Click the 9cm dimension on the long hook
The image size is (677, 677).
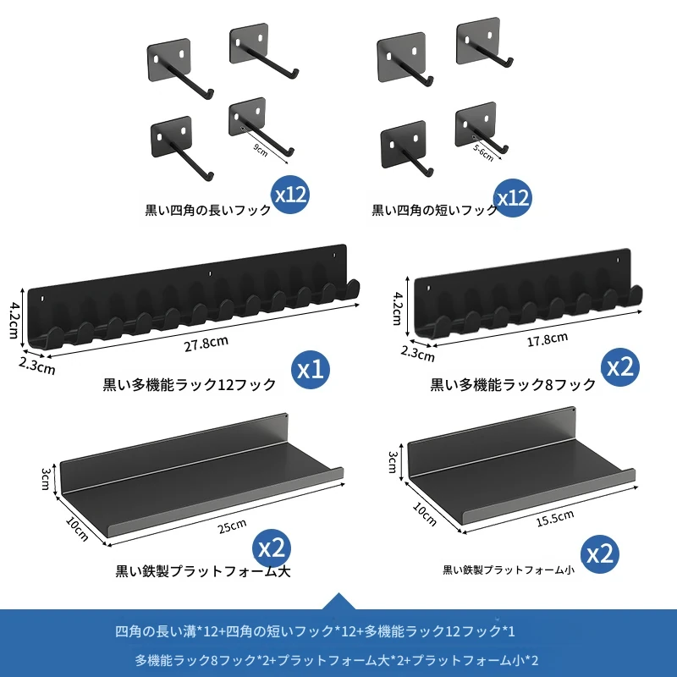[261, 151]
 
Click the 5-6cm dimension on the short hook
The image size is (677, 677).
[483, 153]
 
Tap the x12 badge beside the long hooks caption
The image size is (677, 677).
[290, 195]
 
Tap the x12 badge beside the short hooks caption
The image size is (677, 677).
[513, 198]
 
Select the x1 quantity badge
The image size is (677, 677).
[311, 370]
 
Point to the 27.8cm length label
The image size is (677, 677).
[206, 344]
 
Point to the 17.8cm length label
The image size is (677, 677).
[547, 339]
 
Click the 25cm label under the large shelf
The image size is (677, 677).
[232, 526]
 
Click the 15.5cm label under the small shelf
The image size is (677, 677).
[555, 518]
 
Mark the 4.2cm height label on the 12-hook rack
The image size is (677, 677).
[14, 320]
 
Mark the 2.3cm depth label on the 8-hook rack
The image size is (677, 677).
[417, 354]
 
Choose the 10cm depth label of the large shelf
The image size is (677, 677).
[77, 529]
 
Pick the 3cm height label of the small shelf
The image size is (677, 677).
[393, 462]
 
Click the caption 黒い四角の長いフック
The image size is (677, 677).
[207, 210]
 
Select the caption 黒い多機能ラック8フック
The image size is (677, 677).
[513, 384]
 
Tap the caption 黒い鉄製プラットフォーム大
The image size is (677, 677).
[203, 571]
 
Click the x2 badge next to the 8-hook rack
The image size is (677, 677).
[620, 367]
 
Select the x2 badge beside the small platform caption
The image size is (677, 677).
[600, 554]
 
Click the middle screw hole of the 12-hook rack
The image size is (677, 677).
[210, 273]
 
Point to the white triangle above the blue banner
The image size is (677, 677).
[339, 601]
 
